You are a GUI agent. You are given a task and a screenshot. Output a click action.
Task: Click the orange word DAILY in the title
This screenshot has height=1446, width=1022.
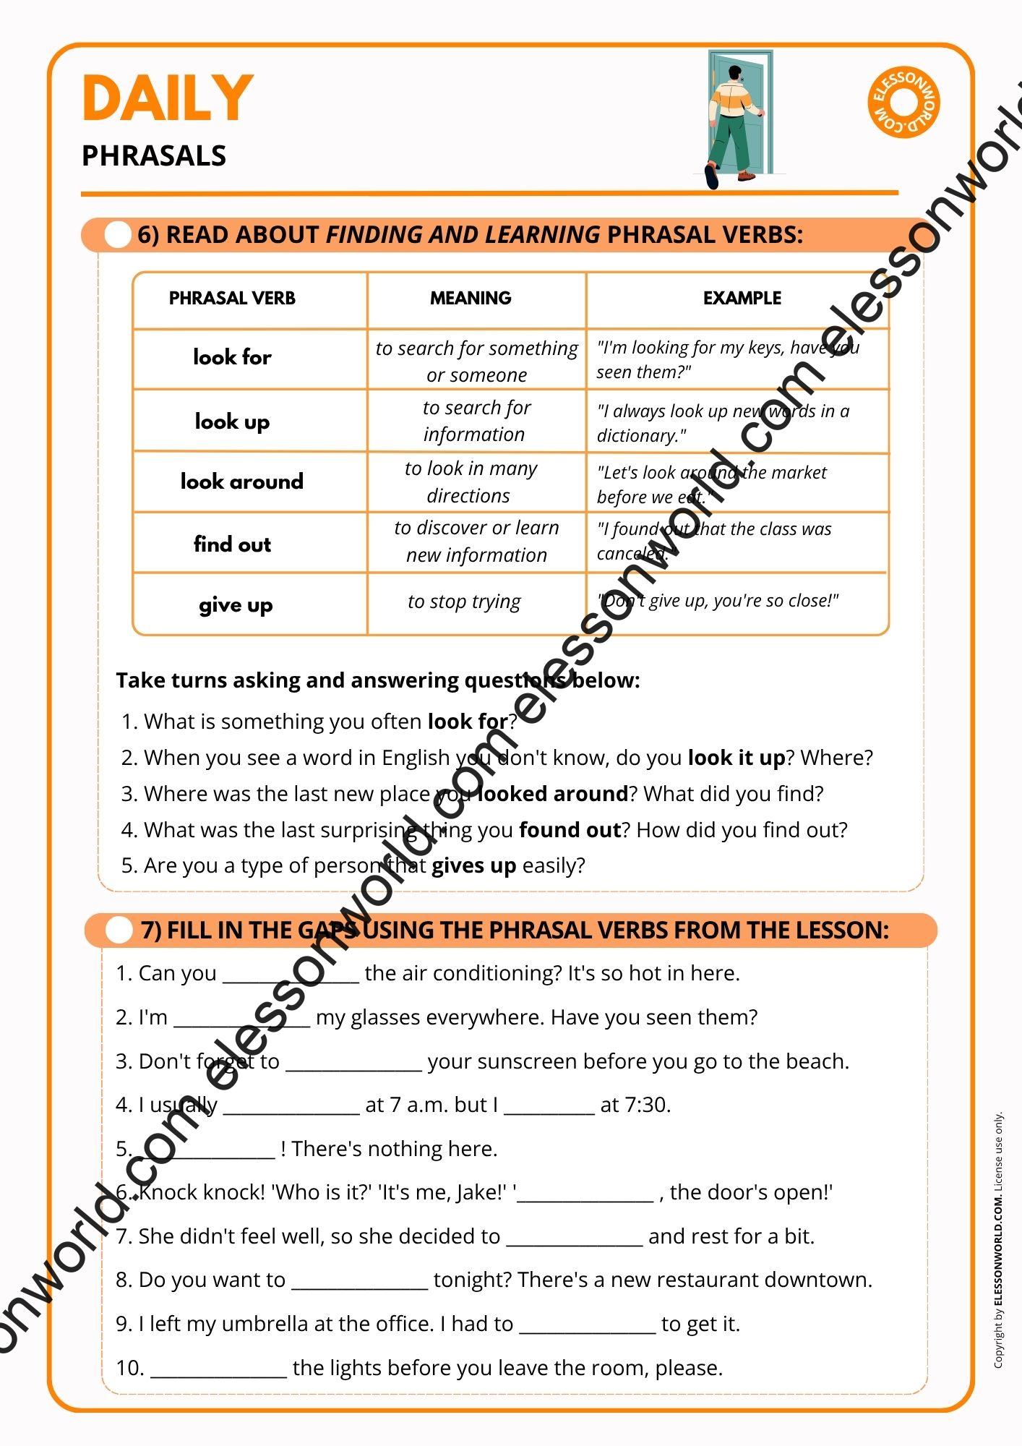tap(168, 98)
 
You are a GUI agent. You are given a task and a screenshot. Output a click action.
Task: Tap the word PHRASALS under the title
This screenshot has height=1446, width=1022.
tap(154, 156)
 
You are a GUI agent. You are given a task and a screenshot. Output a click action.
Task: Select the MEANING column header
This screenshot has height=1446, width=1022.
tap(471, 298)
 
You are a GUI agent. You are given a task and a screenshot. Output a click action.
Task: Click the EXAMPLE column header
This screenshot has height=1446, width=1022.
tap(742, 298)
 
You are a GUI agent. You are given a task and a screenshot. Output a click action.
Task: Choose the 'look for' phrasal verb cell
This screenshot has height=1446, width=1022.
tap(232, 357)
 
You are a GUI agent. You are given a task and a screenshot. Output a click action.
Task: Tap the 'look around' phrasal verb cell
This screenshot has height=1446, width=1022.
tap(242, 482)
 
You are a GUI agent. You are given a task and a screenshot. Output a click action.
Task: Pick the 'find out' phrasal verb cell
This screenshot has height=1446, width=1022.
tap(232, 544)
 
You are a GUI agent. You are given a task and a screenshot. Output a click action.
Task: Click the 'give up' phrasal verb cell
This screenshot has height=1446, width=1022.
tap(236, 605)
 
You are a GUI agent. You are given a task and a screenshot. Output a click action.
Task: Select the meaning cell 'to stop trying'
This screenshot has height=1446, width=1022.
tap(464, 602)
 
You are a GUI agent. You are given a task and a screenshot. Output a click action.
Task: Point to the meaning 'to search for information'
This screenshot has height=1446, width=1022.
tap(476, 421)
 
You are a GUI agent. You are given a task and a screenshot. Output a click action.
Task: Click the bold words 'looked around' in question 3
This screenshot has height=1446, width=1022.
tap(553, 794)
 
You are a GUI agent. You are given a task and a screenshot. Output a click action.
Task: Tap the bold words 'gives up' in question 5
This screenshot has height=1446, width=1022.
tap(473, 865)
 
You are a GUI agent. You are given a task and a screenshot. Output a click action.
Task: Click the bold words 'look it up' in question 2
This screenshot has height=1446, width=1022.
tap(736, 758)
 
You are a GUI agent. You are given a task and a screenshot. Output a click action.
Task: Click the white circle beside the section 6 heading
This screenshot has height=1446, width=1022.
tap(117, 235)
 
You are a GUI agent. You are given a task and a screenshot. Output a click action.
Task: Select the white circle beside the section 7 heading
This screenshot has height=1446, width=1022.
tap(119, 931)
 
